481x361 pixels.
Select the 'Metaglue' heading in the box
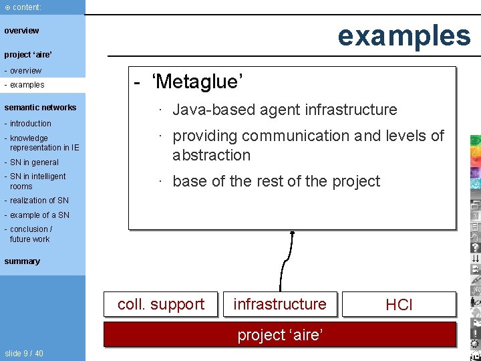196,82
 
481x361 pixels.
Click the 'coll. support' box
160,304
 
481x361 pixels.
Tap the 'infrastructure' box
280,304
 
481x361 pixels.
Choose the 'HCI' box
399,305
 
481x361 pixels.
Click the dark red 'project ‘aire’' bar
280,334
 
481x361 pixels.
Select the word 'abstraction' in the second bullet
211,155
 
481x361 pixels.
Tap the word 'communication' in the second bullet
296,136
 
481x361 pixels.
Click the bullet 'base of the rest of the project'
276,181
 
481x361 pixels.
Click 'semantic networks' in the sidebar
40,108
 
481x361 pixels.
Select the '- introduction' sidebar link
29,124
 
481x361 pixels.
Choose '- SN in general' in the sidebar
33,162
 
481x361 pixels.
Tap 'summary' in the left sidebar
22,261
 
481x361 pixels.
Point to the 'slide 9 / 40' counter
24,353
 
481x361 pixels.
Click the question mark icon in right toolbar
475,247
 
